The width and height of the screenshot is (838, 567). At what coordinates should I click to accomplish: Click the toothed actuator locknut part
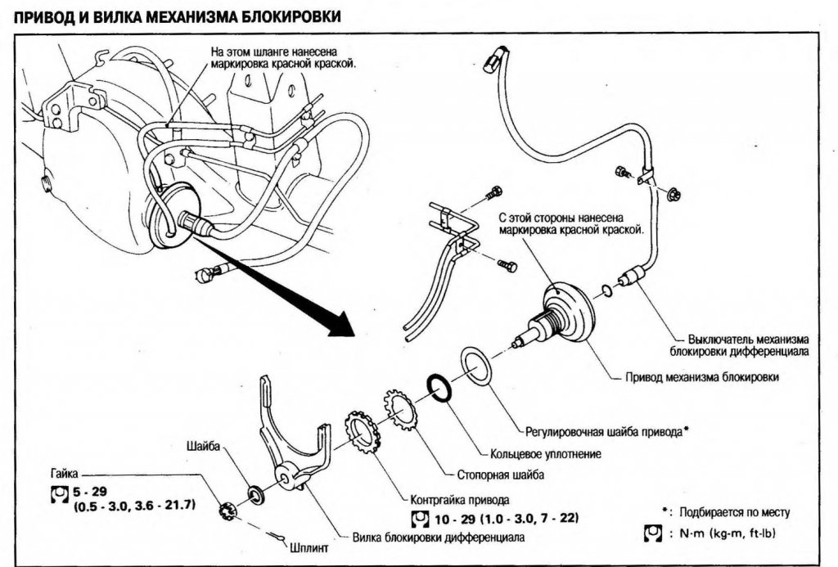pos(363,433)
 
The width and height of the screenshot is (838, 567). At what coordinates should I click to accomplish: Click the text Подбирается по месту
pos(731,512)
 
